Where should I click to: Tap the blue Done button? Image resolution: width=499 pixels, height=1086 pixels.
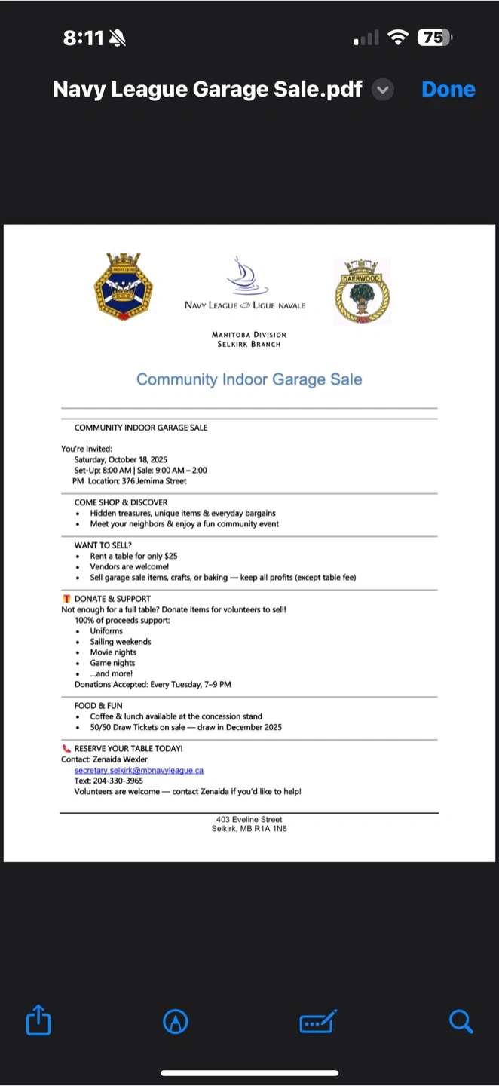click(448, 90)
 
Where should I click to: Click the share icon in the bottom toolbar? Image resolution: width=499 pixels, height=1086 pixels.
click(38, 1022)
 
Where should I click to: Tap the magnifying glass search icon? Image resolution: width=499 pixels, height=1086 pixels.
click(461, 1022)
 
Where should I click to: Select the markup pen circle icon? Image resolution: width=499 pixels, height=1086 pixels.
click(176, 1022)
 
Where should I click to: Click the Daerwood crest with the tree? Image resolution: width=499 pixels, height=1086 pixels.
click(363, 292)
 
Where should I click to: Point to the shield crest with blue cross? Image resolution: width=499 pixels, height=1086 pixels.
click(123, 287)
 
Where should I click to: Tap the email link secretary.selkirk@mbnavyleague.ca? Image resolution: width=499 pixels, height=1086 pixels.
click(139, 771)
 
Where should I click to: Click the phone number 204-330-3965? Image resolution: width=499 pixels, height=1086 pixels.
click(118, 781)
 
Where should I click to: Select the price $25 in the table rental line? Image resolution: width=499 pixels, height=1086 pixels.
click(171, 556)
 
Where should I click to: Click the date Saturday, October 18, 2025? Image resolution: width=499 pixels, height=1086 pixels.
click(121, 459)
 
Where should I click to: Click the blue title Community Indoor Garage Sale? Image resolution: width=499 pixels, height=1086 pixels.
click(249, 379)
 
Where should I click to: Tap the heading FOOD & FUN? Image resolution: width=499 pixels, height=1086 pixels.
click(98, 706)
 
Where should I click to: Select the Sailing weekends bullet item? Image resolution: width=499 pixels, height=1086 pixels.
click(121, 642)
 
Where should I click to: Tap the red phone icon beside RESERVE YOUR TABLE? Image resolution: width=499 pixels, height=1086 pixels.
click(66, 749)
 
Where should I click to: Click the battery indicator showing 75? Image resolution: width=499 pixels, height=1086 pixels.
click(434, 38)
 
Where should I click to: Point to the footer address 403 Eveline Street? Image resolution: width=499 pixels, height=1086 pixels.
click(249, 819)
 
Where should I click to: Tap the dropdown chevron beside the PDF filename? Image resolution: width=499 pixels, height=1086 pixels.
click(384, 90)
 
